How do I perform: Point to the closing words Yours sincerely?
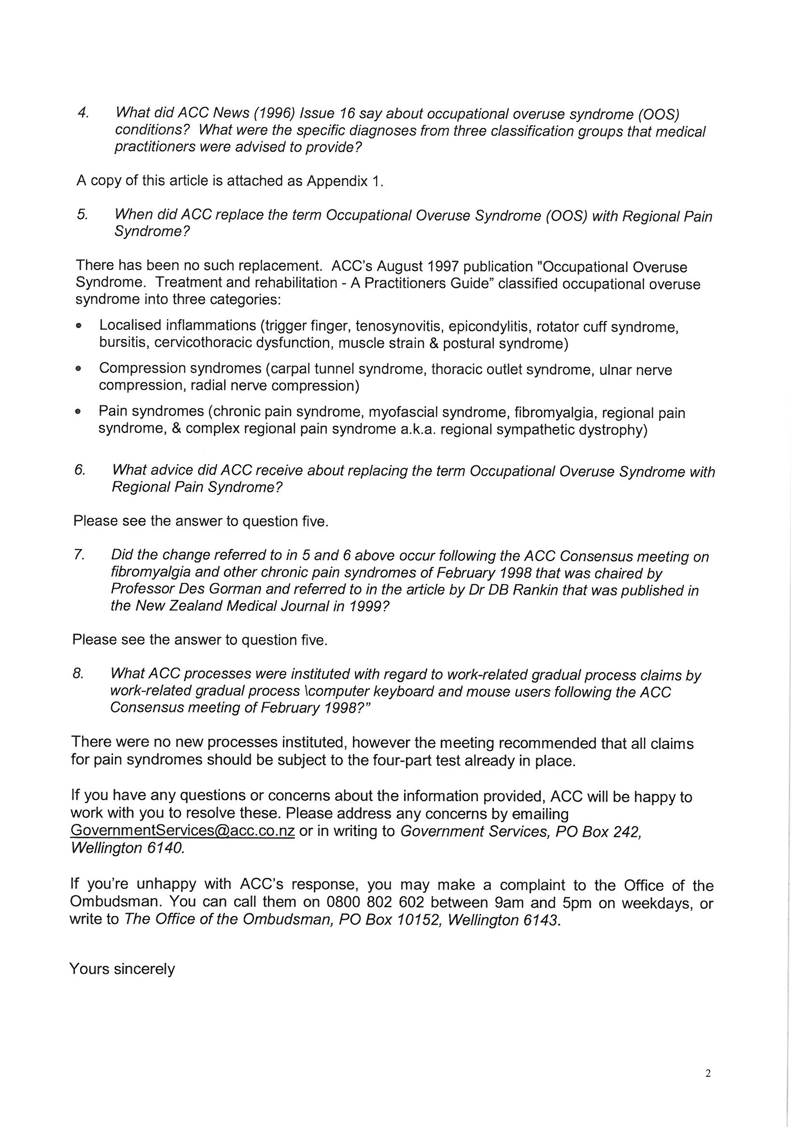[122, 969]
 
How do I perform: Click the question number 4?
[83, 113]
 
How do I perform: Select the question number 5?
[82, 214]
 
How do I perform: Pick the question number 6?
[80, 469]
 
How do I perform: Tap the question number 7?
[79, 555]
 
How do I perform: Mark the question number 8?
[78, 673]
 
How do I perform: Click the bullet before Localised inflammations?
[78, 325]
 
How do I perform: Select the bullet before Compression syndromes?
[78, 368]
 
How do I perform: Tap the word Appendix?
[337, 181]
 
